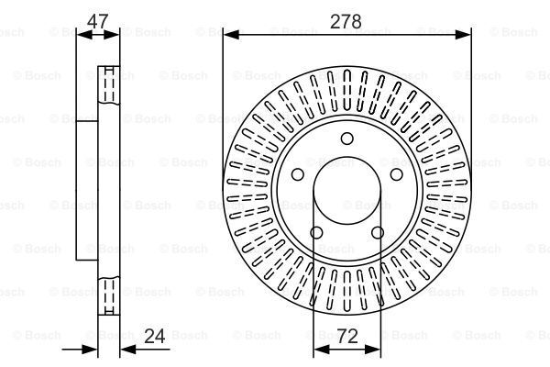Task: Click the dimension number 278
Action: tap(346, 22)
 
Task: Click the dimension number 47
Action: tap(97, 21)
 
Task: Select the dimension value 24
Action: tap(155, 337)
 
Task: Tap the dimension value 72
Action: tap(347, 337)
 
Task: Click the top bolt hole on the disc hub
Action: tap(347, 139)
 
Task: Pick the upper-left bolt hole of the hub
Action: tap(298, 174)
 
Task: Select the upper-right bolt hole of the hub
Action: tap(397, 174)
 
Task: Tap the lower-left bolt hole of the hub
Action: tap(316, 232)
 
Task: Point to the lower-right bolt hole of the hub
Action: tap(378, 232)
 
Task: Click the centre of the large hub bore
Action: tap(347, 191)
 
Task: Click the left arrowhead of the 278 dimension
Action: tap(231, 35)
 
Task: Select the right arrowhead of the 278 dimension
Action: tap(463, 35)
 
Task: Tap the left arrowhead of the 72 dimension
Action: tap(322, 349)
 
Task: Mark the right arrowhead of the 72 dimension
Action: tap(372, 349)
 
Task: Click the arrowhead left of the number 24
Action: tap(89, 349)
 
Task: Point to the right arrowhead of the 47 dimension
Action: tap(112, 35)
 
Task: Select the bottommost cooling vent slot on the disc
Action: tap(347, 291)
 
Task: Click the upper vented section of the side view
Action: tap(109, 85)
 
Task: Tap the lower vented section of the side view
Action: tap(109, 295)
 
